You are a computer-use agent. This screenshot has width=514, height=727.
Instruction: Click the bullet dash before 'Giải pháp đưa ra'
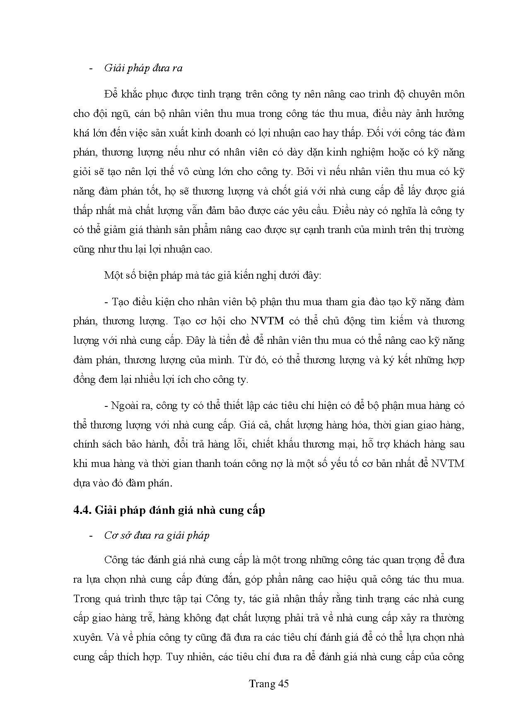(91, 68)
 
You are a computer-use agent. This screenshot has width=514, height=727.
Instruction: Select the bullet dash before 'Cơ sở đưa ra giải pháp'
(91, 535)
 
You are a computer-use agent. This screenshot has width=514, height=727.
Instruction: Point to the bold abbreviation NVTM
(266, 321)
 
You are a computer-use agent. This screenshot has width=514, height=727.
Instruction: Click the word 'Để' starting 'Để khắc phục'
(111, 94)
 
